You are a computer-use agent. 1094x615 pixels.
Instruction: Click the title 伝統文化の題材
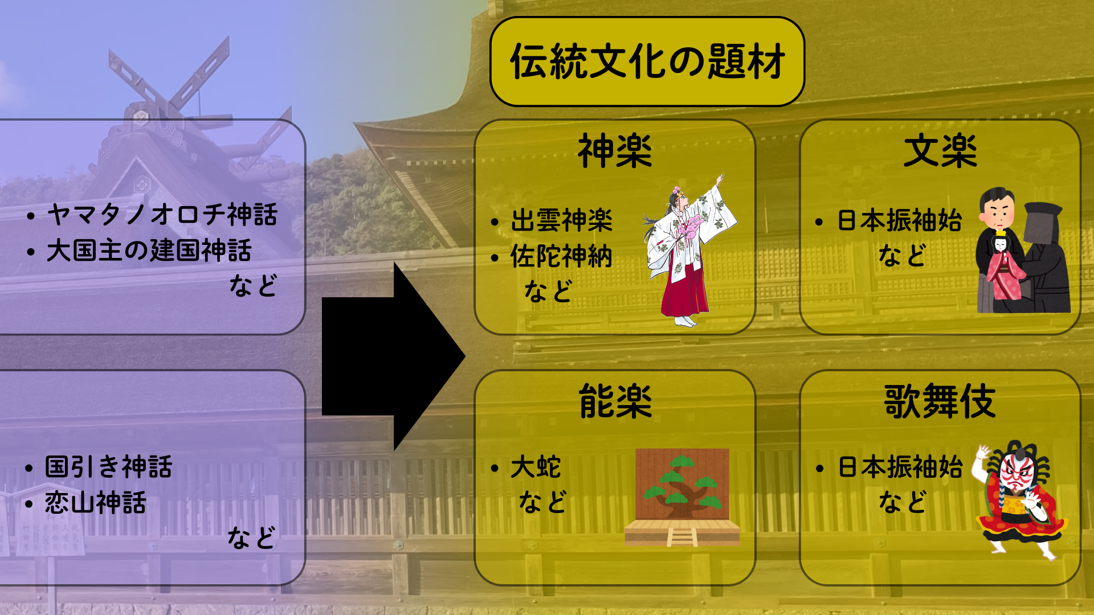pyautogui.click(x=647, y=61)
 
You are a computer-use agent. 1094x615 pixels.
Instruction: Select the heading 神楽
pyautogui.click(x=615, y=151)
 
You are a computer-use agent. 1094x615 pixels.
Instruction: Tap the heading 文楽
pyautogui.click(x=940, y=151)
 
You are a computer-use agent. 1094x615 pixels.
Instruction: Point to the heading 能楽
pyautogui.click(x=615, y=401)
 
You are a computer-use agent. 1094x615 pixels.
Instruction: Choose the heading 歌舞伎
pyautogui.click(x=940, y=401)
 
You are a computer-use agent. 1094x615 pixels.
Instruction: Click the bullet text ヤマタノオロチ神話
pyautogui.click(x=162, y=215)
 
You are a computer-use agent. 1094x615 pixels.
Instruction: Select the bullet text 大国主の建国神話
pyautogui.click(x=149, y=251)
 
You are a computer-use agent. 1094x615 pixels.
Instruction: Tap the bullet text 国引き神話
pyautogui.click(x=108, y=467)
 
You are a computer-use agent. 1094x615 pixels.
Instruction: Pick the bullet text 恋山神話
pyautogui.click(x=96, y=503)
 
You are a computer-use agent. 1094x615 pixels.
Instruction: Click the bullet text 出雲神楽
pyautogui.click(x=561, y=220)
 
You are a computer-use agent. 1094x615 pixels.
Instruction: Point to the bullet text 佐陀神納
pyautogui.click(x=561, y=256)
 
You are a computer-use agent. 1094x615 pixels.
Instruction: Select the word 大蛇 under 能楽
pyautogui.click(x=536, y=467)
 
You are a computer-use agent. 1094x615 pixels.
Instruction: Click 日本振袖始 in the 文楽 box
pyautogui.click(x=900, y=220)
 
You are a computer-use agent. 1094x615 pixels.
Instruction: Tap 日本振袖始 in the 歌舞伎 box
pyautogui.click(x=900, y=467)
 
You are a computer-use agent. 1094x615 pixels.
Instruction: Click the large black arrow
pyautogui.click(x=393, y=356)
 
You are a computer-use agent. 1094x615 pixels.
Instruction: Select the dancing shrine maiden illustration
pyautogui.click(x=689, y=251)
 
